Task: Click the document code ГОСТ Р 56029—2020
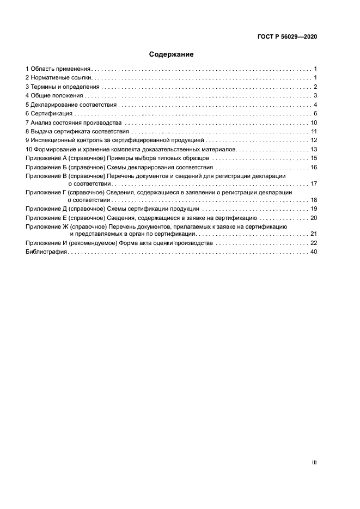pyautogui.click(x=286, y=37)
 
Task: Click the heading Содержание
pyautogui.click(x=172, y=54)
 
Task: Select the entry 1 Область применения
pyautogui.click(x=58, y=69)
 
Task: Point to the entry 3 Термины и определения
pyautogui.click(x=63, y=87)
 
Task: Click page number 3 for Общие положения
pyautogui.click(x=315, y=96)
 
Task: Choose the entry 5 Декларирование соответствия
pyautogui.click(x=71, y=105)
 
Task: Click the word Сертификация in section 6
pyautogui.click(x=51, y=113)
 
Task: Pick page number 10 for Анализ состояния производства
pyautogui.click(x=314, y=122)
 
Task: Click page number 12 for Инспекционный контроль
pyautogui.click(x=314, y=140)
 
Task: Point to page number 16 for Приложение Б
pyautogui.click(x=314, y=167)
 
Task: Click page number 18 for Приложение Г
pyautogui.click(x=314, y=200)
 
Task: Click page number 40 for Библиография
pyautogui.click(x=314, y=252)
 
